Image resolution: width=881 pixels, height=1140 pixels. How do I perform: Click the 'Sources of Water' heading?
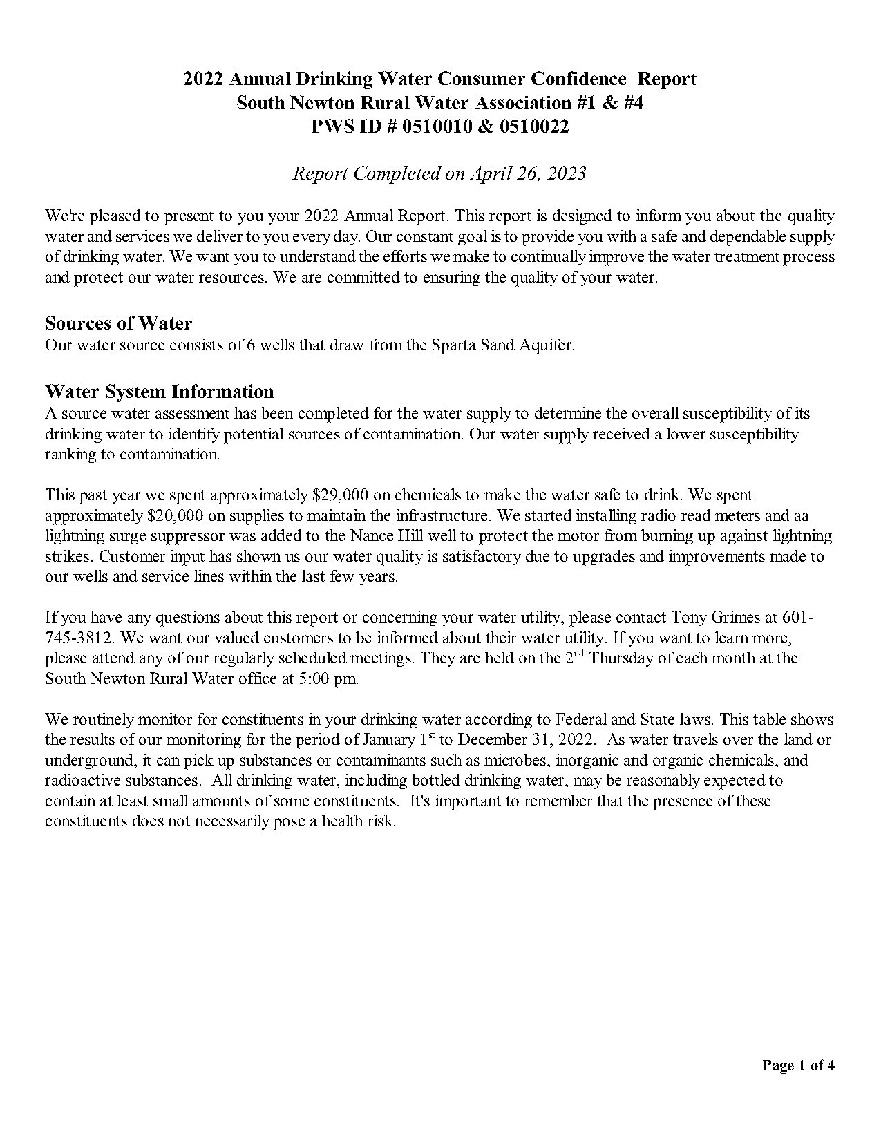tap(118, 323)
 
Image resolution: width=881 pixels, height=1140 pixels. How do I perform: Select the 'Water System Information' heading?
tap(159, 392)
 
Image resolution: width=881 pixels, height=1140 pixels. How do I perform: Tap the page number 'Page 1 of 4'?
tap(798, 1065)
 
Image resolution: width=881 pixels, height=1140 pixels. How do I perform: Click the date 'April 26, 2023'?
tap(528, 173)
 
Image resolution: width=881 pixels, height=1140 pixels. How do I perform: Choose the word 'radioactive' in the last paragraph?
tap(79, 781)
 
